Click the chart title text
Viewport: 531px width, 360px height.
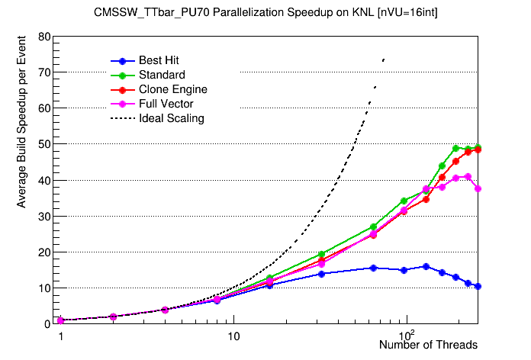click(265, 13)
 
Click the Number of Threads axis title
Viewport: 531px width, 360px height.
click(428, 346)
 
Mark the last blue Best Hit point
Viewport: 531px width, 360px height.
click(478, 286)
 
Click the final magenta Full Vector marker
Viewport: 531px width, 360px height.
click(478, 188)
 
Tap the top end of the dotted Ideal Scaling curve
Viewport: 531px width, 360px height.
click(384, 58)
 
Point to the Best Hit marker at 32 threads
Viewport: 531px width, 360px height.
click(321, 274)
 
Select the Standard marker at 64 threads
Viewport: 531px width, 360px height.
click(373, 227)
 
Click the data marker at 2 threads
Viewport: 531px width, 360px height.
click(113, 317)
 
